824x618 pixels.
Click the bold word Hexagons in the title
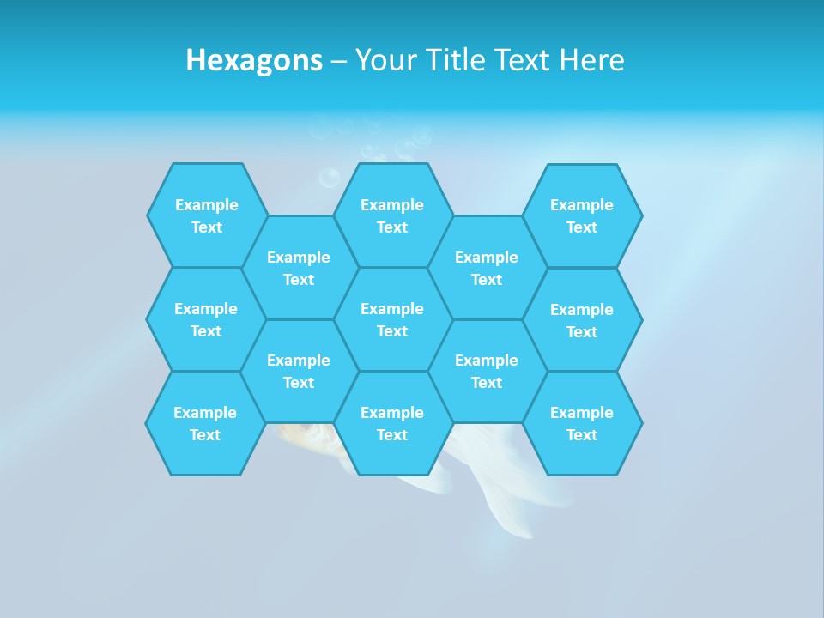(x=254, y=60)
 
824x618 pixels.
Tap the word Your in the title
(x=385, y=60)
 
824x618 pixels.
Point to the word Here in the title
(x=591, y=60)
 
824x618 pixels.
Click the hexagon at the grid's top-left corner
(x=206, y=215)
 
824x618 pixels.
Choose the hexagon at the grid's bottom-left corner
(x=205, y=423)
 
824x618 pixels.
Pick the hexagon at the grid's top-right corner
(x=582, y=215)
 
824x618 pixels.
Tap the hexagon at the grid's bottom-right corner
(x=582, y=423)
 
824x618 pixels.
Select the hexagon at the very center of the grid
(x=392, y=319)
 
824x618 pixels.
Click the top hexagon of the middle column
(x=392, y=215)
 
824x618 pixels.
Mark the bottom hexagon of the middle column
(x=392, y=423)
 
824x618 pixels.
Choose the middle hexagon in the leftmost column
(x=206, y=319)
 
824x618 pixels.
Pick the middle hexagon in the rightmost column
(x=582, y=320)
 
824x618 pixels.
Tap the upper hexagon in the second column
(x=299, y=268)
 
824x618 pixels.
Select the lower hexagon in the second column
(x=299, y=371)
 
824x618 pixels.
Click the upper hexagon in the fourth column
(x=487, y=268)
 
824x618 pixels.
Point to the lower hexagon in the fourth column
(x=487, y=371)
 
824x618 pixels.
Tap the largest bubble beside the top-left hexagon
(x=329, y=178)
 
